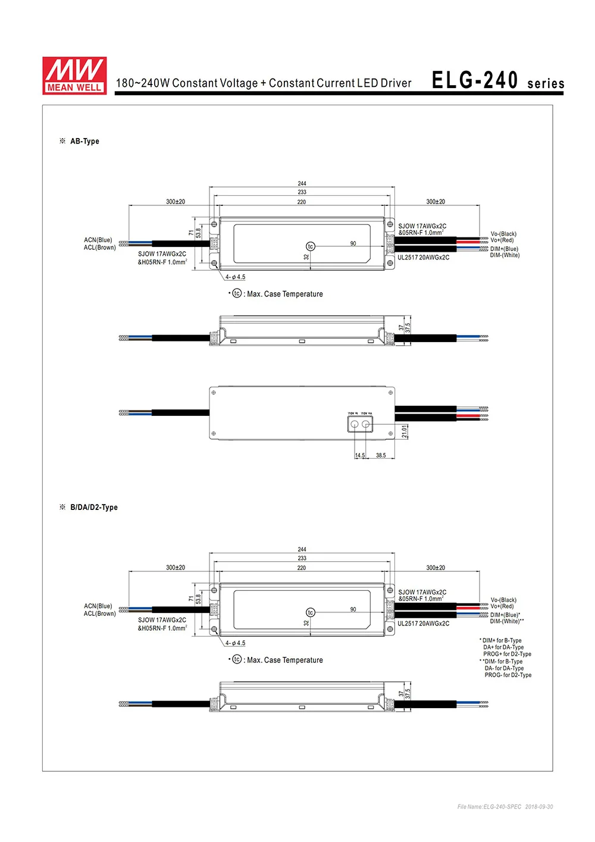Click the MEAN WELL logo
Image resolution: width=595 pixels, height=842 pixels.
coord(74,76)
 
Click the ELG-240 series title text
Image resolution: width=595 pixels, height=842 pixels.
coord(497,81)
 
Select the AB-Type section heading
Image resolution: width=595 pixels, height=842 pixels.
coord(84,141)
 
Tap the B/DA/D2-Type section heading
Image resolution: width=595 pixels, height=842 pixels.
coord(93,507)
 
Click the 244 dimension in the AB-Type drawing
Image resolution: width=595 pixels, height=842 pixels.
coord(302,184)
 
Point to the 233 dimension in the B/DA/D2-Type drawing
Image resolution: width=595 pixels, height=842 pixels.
coord(302,558)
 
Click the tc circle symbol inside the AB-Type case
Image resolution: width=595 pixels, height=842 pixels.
coord(310,246)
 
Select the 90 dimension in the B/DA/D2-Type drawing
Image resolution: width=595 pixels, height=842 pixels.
coord(353,609)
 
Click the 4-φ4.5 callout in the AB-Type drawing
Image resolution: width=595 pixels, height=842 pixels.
coord(235,277)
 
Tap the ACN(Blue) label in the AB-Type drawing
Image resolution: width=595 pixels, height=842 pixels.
coord(98,240)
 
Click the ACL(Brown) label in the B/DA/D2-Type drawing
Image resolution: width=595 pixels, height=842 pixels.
coord(99,613)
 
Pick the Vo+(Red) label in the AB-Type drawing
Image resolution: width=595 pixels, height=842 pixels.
coord(502,240)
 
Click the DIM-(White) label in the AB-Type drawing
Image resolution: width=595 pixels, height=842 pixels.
coord(505,255)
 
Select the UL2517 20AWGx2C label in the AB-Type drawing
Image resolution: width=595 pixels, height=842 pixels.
coord(424,258)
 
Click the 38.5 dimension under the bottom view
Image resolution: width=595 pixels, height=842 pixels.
coord(381,455)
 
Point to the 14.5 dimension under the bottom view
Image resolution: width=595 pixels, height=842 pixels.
coord(360,455)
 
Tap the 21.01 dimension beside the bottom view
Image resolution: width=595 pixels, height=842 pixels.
coord(405,431)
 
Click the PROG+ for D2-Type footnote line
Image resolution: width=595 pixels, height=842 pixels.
coord(507,654)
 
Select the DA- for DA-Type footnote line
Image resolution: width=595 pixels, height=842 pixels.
coord(504,668)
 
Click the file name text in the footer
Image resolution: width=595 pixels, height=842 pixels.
coord(505,807)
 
